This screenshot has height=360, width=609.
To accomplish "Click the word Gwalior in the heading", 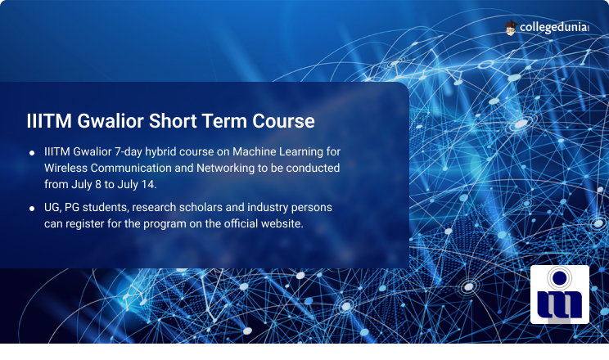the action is click(x=111, y=121).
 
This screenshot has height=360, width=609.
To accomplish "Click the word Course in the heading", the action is click(x=283, y=121).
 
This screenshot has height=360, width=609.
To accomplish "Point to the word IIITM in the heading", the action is click(x=49, y=121).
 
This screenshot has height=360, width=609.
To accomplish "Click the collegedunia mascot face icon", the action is click(x=510, y=28).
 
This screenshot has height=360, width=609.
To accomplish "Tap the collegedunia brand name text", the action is click(x=554, y=27).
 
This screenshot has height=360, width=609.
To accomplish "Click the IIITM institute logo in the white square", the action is click(x=560, y=295).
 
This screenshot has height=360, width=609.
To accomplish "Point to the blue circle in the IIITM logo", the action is click(x=559, y=277).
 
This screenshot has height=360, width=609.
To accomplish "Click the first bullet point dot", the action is click(x=32, y=153).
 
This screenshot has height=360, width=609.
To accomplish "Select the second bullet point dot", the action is click(x=32, y=209).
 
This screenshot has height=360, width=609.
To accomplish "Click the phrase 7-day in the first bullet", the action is click(x=129, y=152).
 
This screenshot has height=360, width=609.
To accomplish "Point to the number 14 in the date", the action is click(x=148, y=184).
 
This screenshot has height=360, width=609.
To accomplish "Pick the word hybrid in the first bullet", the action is click(x=160, y=152).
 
